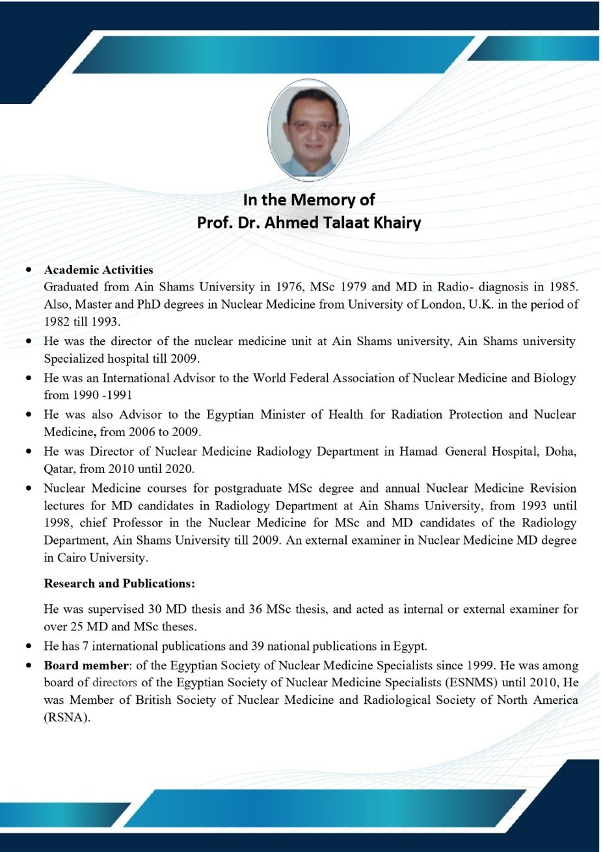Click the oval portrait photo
pyautogui.click(x=308, y=130)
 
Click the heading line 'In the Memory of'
pyautogui.click(x=309, y=200)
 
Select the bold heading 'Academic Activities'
pyautogui.click(x=98, y=270)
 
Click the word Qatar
pyautogui.click(x=59, y=469)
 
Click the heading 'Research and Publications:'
pyautogui.click(x=119, y=584)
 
